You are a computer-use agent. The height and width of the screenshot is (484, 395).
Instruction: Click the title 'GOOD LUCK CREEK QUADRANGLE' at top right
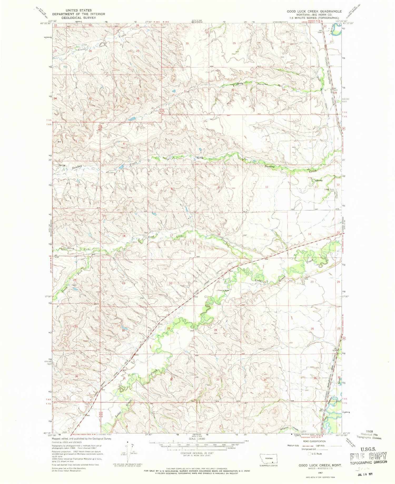pyautogui.click(x=314, y=11)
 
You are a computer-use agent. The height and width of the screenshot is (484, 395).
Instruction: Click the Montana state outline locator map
pyautogui.click(x=268, y=458)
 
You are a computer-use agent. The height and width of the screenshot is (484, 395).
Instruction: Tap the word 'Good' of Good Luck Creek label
pyautogui.click(x=151, y=237)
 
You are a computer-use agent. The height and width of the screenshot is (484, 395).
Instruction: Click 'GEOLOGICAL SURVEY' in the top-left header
pyautogui.click(x=78, y=18)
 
